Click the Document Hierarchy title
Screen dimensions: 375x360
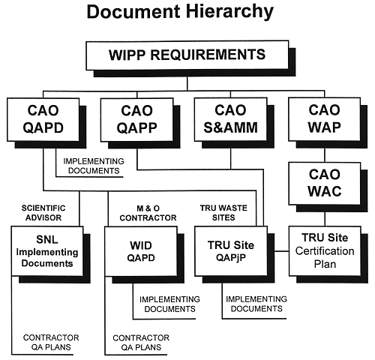[x=180, y=12]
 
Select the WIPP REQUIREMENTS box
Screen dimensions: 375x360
[x=187, y=55]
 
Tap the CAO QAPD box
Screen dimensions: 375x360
[x=43, y=119]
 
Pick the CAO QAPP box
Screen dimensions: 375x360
[x=137, y=119]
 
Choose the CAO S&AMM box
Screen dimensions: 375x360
[x=230, y=119]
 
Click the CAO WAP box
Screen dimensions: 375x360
[x=325, y=119]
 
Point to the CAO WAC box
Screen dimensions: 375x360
[x=325, y=184]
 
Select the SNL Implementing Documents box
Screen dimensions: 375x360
[x=47, y=251]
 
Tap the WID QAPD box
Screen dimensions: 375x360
[x=141, y=251]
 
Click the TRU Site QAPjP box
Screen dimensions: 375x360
[x=231, y=251]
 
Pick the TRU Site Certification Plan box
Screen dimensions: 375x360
[x=325, y=251]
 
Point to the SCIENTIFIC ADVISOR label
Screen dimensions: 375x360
[x=43, y=213]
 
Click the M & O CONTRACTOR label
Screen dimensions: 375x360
[x=148, y=213]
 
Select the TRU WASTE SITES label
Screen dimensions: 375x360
[x=223, y=213]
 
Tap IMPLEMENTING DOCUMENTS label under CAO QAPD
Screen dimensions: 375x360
[x=94, y=166]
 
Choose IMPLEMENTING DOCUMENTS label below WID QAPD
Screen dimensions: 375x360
[x=169, y=304]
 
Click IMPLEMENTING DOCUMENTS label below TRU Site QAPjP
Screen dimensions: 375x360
[x=256, y=304]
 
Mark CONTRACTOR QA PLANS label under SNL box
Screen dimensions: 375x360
[x=51, y=342]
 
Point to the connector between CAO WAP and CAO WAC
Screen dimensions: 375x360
[x=325, y=155]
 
